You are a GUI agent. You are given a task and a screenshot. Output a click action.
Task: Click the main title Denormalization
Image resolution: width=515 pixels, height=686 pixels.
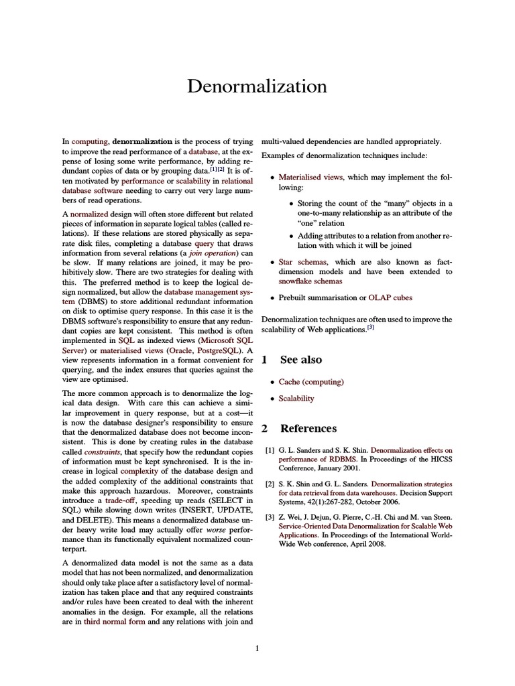[x=257, y=86]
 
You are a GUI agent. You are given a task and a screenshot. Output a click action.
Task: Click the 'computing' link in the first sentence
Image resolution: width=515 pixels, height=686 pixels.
[x=90, y=142]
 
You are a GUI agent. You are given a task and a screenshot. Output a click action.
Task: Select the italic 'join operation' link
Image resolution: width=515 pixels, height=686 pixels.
[x=213, y=254]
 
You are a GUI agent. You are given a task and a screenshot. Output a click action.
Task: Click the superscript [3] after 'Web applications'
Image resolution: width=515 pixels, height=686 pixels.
[x=370, y=328]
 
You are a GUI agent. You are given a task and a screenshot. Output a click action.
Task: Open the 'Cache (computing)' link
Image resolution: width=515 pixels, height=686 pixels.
[x=311, y=382]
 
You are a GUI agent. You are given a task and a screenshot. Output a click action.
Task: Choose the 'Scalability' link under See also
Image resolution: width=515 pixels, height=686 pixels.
[x=296, y=399]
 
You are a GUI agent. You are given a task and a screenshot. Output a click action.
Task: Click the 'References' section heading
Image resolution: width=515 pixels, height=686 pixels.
[x=308, y=429]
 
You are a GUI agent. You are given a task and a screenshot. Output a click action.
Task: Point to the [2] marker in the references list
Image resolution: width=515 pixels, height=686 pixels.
[x=270, y=484]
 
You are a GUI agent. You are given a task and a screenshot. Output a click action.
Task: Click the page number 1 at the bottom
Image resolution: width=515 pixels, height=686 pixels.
[x=257, y=648]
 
